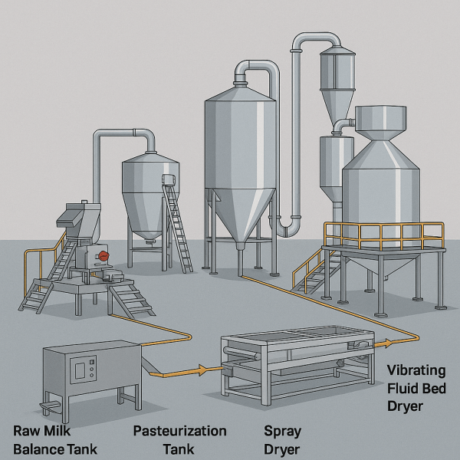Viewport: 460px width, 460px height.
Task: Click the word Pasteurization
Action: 180,431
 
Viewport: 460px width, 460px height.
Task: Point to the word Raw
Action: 29,431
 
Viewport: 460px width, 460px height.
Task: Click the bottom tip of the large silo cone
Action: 239,246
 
